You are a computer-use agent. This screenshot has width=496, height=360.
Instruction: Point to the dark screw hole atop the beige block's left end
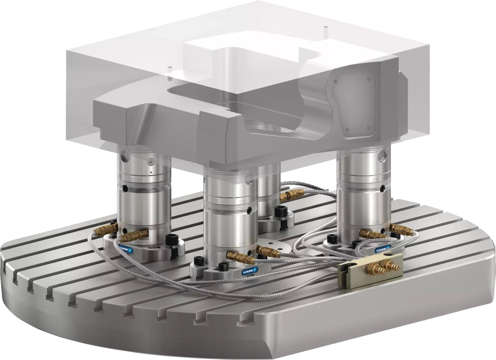tap(344, 266)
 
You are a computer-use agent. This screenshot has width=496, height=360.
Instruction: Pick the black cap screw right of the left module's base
tap(170, 240)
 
